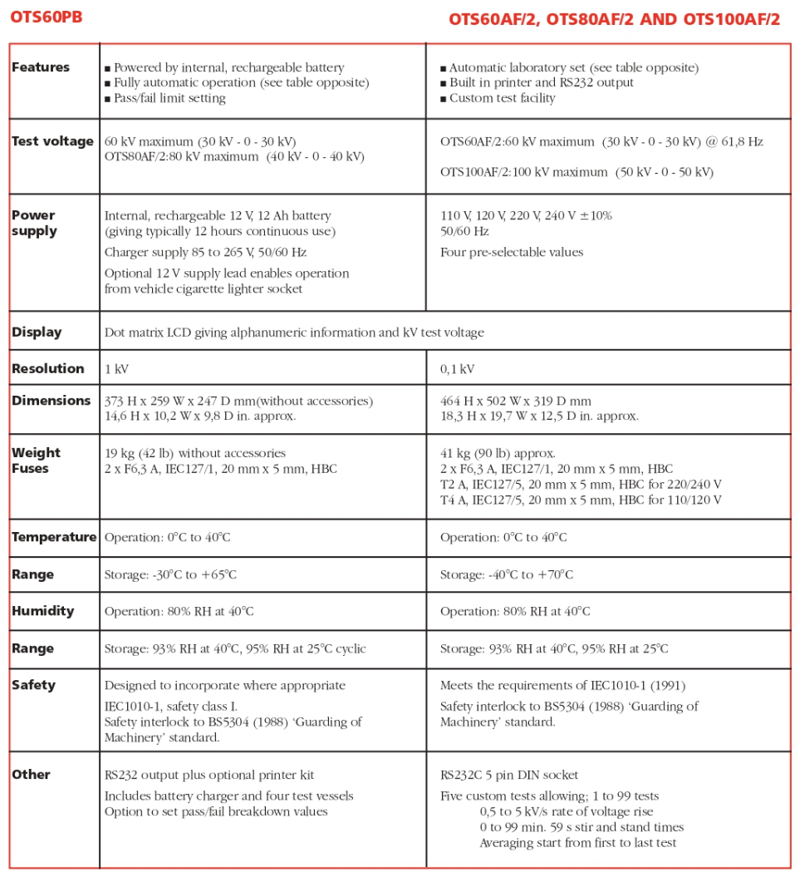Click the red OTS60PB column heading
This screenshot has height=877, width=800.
pyautogui.click(x=47, y=17)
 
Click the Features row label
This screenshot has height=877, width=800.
pyautogui.click(x=41, y=67)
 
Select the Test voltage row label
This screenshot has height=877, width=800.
pyautogui.click(x=52, y=141)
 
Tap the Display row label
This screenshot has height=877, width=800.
pyautogui.click(x=37, y=333)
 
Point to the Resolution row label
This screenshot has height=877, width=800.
pyautogui.click(x=48, y=369)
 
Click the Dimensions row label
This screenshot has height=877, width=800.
pyautogui.click(x=52, y=401)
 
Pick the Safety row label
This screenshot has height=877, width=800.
pyautogui.click(x=34, y=686)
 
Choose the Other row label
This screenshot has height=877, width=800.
pyautogui.click(x=32, y=775)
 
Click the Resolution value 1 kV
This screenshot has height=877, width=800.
pyautogui.click(x=116, y=369)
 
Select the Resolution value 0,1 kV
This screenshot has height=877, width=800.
pyautogui.click(x=457, y=369)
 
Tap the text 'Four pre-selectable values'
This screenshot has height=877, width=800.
pyautogui.click(x=512, y=253)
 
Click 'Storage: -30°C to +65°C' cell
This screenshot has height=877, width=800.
pyautogui.click(x=170, y=575)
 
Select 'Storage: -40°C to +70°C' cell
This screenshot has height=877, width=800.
pyautogui.click(x=506, y=575)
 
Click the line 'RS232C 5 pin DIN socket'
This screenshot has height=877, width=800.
pyautogui.click(x=508, y=775)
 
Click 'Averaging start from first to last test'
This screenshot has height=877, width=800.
pyautogui.click(x=577, y=843)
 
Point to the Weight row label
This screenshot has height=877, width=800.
pyautogui.click(x=37, y=453)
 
